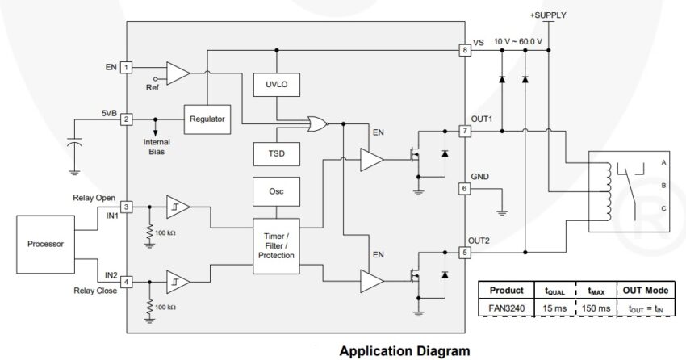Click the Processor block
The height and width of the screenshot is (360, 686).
45,243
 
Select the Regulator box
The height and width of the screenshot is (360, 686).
207,119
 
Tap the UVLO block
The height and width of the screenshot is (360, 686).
276,85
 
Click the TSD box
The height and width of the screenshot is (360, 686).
276,152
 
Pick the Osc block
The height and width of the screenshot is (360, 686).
276,191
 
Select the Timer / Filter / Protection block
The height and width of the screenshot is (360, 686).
276,243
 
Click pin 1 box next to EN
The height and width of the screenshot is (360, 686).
127,68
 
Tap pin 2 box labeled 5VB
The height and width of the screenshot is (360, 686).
127,119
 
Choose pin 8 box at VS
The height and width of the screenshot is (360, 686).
464,50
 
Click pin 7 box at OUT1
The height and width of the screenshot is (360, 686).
464,130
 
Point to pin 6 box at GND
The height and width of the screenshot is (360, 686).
464,188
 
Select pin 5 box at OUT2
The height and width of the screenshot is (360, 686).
464,253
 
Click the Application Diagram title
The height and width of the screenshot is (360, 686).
404,351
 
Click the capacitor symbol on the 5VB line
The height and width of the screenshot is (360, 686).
74,144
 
